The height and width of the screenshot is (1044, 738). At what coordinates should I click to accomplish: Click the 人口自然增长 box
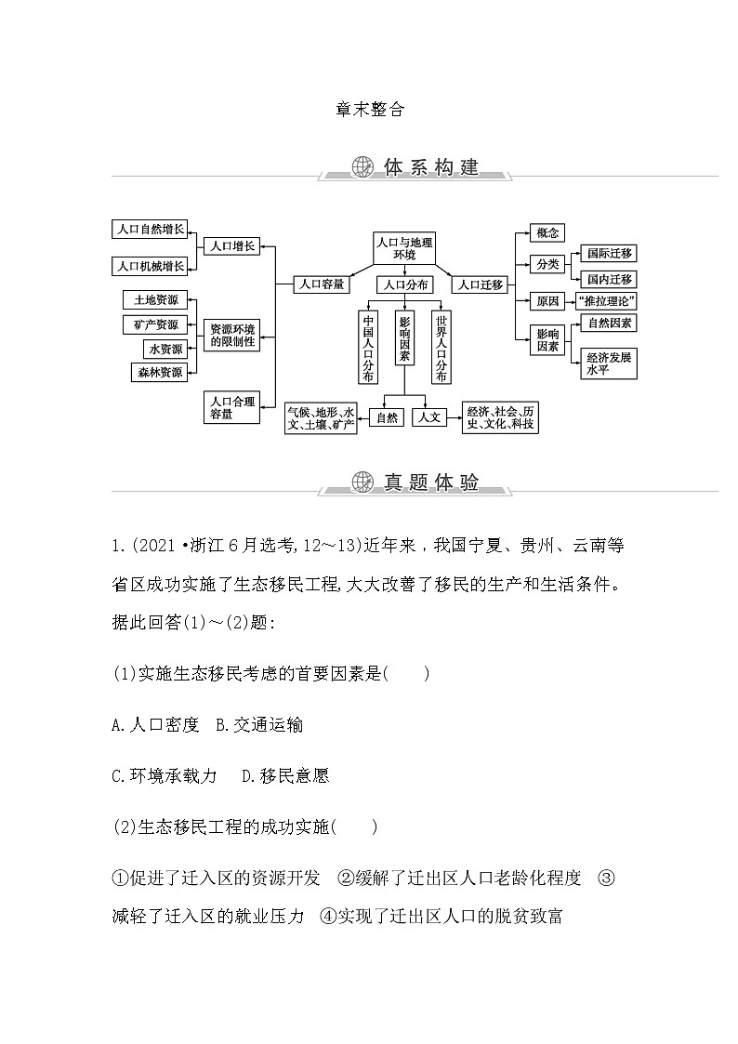149,229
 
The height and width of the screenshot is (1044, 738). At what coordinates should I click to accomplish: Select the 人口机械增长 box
149,265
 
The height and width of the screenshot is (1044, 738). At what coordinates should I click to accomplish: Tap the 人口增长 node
231,246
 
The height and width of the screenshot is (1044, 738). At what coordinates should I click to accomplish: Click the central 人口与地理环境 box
404,247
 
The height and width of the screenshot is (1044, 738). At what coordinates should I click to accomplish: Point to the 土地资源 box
155,299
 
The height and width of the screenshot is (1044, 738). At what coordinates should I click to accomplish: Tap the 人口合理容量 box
231,407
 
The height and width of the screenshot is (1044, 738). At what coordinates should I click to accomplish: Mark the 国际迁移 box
609,253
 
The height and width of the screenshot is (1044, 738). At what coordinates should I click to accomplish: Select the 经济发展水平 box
609,363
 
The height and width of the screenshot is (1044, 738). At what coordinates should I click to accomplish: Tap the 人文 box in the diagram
429,417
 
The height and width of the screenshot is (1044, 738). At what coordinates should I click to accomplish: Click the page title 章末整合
370,109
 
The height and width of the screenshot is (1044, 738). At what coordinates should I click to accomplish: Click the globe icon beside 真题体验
362,482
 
